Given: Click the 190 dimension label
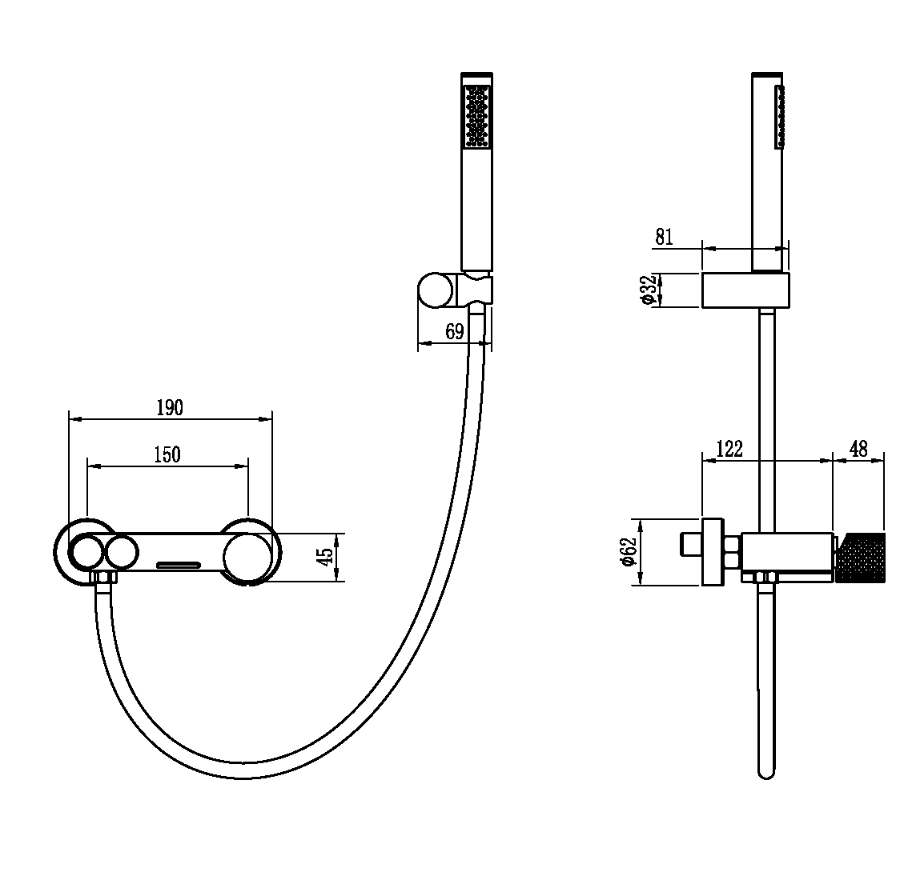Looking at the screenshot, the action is [x=170, y=408].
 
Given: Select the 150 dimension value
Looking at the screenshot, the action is [x=167, y=454].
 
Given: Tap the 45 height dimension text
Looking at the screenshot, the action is [x=326, y=556].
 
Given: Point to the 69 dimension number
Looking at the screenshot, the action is [x=455, y=331].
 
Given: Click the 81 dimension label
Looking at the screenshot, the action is [x=664, y=237].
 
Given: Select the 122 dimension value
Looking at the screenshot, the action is [x=729, y=449].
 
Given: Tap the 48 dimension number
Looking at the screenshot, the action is [x=858, y=449].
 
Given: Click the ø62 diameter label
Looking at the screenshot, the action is [x=629, y=552].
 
